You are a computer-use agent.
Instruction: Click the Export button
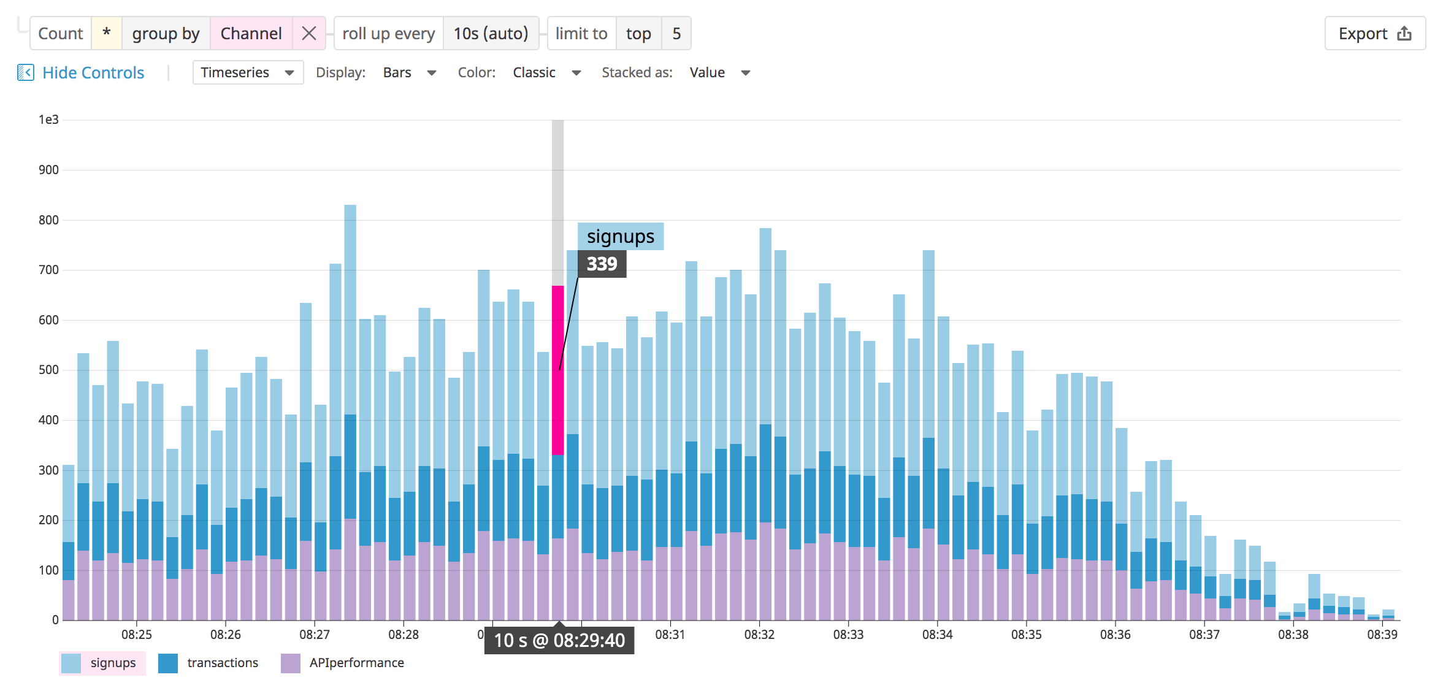click(1374, 34)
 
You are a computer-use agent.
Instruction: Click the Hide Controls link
click(93, 73)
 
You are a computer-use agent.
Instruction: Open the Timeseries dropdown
click(247, 72)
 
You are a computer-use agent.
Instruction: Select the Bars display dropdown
click(409, 72)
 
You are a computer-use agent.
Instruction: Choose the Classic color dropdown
click(546, 72)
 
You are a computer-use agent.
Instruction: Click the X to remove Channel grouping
click(309, 33)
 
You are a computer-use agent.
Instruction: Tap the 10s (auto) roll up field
click(490, 33)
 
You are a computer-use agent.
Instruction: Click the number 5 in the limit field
click(676, 33)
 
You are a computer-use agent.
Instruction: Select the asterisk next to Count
click(106, 33)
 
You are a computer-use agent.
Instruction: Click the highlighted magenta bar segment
click(557, 370)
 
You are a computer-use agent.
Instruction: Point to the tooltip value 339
click(602, 264)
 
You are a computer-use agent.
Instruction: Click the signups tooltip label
click(620, 237)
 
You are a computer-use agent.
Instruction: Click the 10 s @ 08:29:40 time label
click(559, 640)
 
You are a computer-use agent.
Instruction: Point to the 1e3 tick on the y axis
click(48, 120)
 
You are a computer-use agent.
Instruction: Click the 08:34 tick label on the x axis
click(937, 635)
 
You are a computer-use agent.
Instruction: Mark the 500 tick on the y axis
click(48, 370)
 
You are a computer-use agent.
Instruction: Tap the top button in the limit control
click(638, 33)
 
